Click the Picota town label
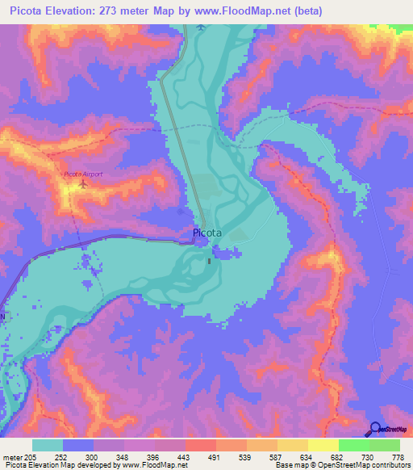point(207,234)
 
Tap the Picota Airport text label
point(83,174)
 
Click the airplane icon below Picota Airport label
point(83,185)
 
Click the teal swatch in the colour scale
point(48,445)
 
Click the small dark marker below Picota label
point(210,260)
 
